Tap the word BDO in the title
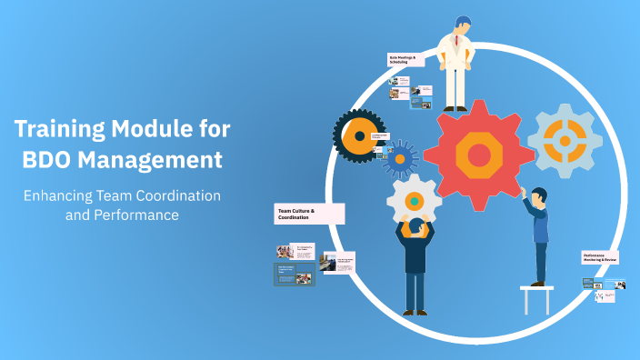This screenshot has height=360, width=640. (45, 160)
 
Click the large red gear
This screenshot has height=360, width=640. (479, 155)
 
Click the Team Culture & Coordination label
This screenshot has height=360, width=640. (309, 215)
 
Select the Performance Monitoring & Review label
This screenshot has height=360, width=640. (600, 258)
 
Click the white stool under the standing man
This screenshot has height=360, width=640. (536, 296)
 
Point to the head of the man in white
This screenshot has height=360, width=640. (462, 24)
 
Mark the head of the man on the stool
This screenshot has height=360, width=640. (537, 195)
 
